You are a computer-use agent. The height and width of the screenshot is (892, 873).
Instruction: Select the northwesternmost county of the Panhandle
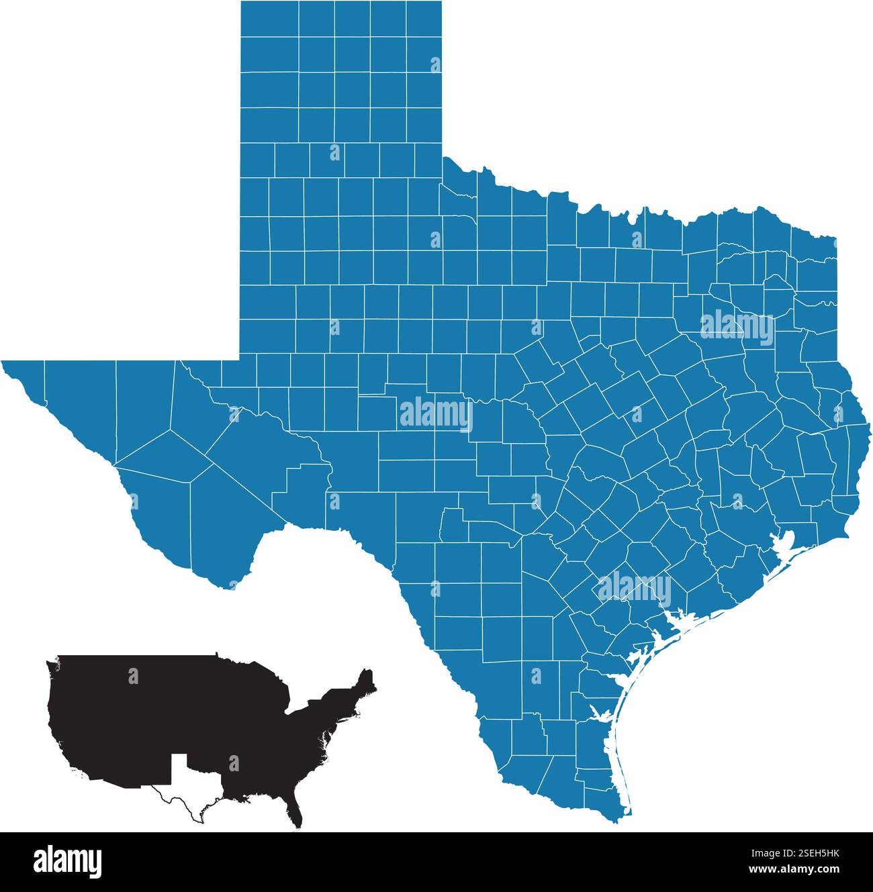pos(269,17)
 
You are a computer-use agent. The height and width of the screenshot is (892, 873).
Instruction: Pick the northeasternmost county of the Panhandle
pos(423,17)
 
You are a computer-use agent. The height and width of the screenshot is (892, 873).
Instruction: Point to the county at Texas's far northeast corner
pos(815,252)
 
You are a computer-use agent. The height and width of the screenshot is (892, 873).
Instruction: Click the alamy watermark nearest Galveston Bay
pos(634,589)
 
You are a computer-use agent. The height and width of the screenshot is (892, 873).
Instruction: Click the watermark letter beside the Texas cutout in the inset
pos(234,763)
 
